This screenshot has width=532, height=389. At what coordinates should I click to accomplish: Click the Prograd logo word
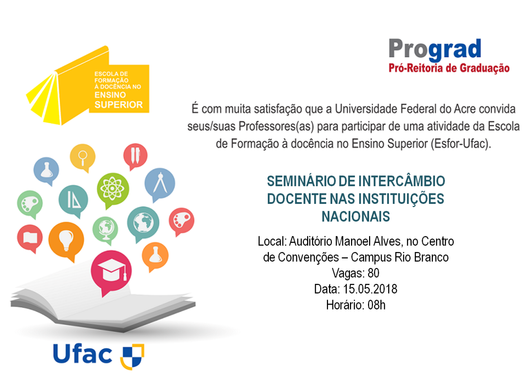pos(435,49)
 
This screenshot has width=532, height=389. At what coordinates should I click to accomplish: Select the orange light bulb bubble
pos(66,240)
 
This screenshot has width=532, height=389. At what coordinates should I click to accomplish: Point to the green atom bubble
pos(113,188)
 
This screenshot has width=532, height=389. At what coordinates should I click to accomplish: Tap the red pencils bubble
pos(135,155)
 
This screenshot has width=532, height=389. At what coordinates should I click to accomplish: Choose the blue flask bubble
pos(46,170)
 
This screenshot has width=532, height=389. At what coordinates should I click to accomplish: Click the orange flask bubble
pos(155,255)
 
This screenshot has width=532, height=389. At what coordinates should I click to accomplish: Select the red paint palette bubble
pos(181,220)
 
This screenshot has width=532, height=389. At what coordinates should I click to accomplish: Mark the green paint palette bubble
pos(30,203)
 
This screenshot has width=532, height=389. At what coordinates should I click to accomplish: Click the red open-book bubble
pos(30,238)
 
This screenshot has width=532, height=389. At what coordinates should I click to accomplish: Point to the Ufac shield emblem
pos(132,356)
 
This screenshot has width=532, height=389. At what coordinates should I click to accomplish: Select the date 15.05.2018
pos(370,289)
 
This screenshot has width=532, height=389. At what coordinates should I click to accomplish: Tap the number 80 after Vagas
pos(373,273)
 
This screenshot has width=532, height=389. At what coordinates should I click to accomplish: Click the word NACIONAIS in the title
pos(356,217)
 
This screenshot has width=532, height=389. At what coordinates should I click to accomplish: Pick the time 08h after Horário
pos(376,305)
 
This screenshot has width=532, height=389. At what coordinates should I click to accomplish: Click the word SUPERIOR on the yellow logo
pos(119,105)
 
